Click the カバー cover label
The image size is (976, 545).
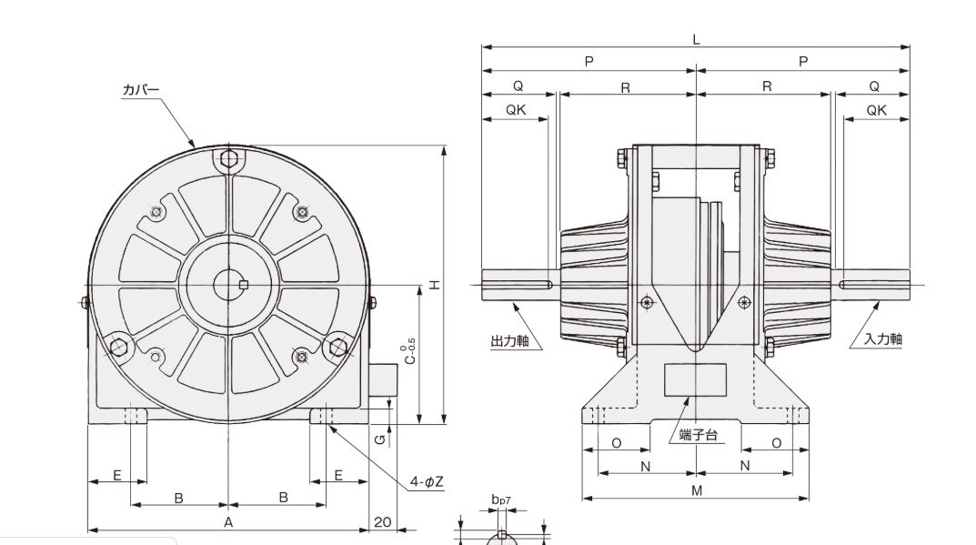coord(141,90)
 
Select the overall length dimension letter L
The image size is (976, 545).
coord(696,39)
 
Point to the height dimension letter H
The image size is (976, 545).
coord(436,285)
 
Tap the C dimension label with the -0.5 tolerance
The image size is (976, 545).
coord(410,353)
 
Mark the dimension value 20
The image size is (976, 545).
coord(382,521)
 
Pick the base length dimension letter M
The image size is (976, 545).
coord(696,491)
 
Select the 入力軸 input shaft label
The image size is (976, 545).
coord(883,338)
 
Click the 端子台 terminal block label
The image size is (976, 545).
coord(699,435)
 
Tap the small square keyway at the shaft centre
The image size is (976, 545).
coord(243,286)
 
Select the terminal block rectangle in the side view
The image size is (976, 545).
coord(695,379)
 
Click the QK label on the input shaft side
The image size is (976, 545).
coord(876,110)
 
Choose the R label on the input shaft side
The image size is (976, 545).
coord(766,86)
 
